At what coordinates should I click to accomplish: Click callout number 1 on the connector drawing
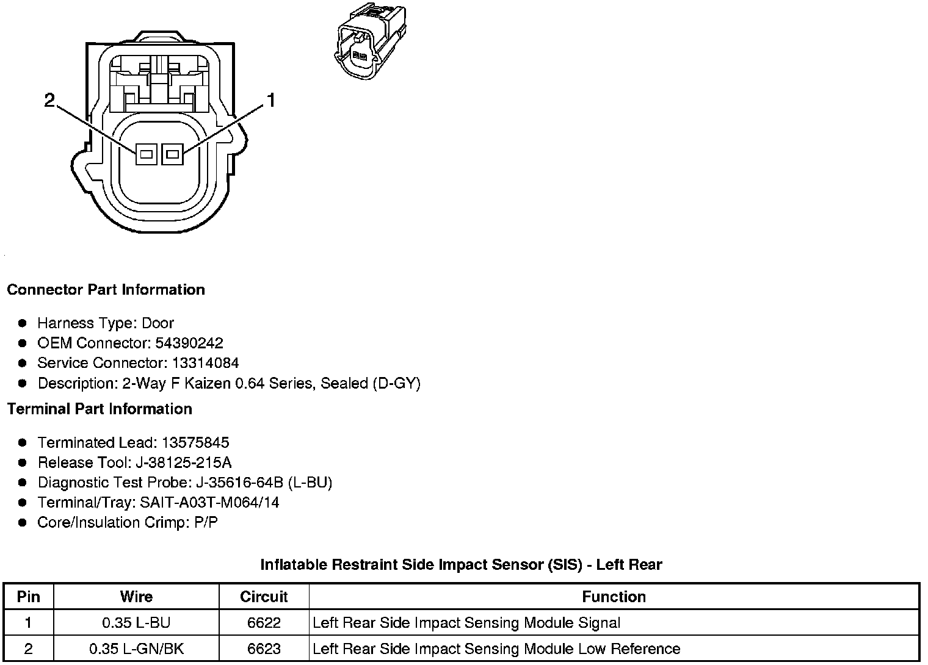tap(270, 101)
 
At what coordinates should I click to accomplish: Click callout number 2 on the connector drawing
tap(49, 101)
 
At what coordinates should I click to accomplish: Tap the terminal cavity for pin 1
tap(173, 155)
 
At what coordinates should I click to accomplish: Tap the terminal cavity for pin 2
tap(146, 155)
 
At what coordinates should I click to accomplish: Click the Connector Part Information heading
tap(106, 290)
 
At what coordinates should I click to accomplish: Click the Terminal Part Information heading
tap(100, 409)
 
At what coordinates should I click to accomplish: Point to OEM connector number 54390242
tap(189, 343)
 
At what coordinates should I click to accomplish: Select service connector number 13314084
tap(205, 363)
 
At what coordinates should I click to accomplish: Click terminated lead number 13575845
tap(196, 442)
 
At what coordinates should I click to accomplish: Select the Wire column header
tap(136, 597)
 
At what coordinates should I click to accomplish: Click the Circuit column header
tap(264, 597)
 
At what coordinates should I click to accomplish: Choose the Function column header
tap(614, 597)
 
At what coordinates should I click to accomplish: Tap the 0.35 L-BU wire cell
tap(136, 623)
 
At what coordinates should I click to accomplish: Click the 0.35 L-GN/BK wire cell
tap(136, 649)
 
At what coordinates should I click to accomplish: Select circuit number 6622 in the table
tap(264, 623)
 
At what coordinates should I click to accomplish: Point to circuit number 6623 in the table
tap(264, 649)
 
